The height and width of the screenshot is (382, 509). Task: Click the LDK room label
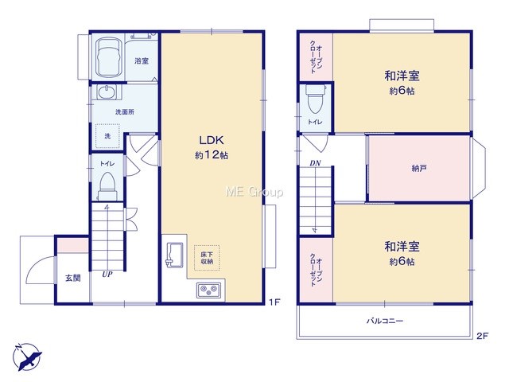pyautogui.click(x=211, y=140)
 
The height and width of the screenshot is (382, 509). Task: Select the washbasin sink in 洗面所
pyautogui.click(x=107, y=92)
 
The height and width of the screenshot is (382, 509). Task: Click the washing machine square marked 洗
pyautogui.click(x=107, y=136)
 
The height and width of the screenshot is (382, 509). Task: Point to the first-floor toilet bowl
pyautogui.click(x=107, y=186)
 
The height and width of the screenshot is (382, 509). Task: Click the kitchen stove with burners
pyautogui.click(x=208, y=290)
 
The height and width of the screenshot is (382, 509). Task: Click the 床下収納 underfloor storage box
pyautogui.click(x=207, y=258)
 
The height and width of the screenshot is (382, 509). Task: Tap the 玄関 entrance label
pyautogui.click(x=73, y=278)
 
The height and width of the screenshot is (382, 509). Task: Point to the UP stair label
pyautogui.click(x=107, y=275)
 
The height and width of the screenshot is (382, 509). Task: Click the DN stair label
pyautogui.click(x=315, y=163)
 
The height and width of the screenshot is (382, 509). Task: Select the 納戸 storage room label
pyautogui.click(x=419, y=168)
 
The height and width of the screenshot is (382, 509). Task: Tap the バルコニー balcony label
pyautogui.click(x=385, y=321)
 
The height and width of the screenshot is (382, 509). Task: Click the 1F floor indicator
pyautogui.click(x=274, y=302)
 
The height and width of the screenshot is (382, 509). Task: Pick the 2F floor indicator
pyautogui.click(x=483, y=336)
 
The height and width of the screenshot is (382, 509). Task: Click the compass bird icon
pyautogui.click(x=28, y=357)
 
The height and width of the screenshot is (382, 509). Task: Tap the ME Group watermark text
pyautogui.click(x=254, y=192)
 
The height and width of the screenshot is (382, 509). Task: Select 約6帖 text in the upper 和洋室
pyautogui.click(x=402, y=91)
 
